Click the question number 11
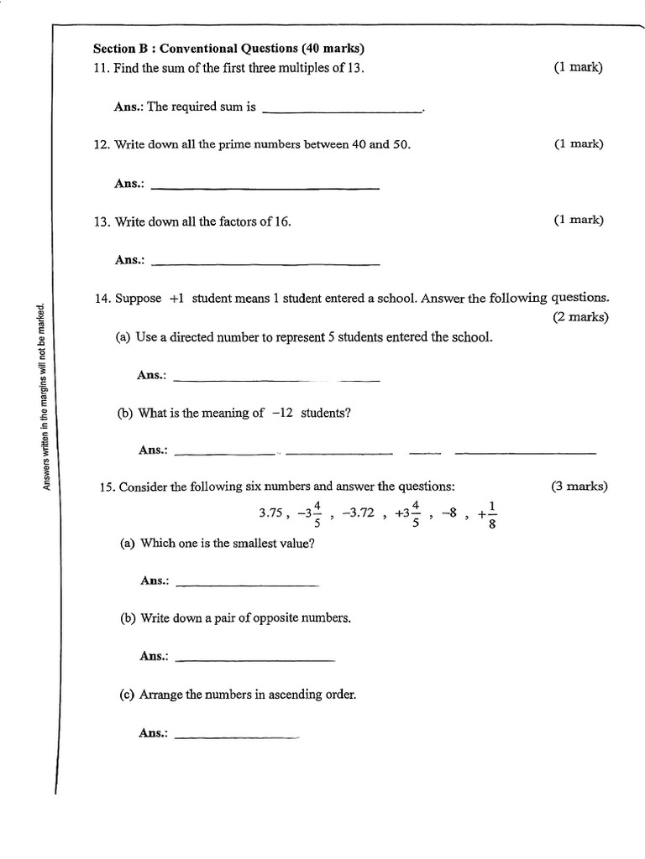click(101, 67)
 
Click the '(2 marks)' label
click(580, 317)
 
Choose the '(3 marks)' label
click(579, 486)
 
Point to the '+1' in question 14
click(177, 298)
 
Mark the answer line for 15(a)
click(249, 584)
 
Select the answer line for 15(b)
click(256, 660)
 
